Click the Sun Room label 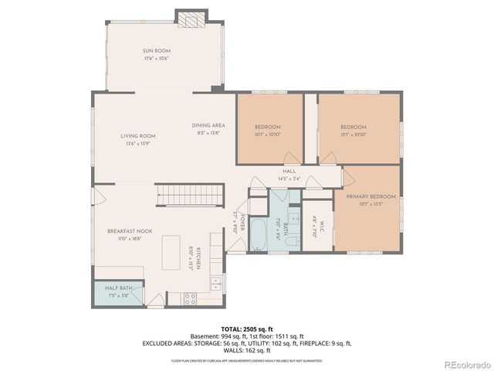(x=156, y=51)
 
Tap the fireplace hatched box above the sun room (x=191, y=19)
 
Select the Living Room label (x=137, y=136)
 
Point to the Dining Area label (x=208, y=125)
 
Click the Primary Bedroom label (x=370, y=197)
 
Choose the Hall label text (x=289, y=172)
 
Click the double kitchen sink (x=215, y=284)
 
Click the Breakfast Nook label (x=125, y=232)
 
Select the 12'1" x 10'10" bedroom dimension (x=354, y=134)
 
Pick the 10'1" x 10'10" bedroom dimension (x=267, y=134)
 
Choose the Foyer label (x=242, y=223)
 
